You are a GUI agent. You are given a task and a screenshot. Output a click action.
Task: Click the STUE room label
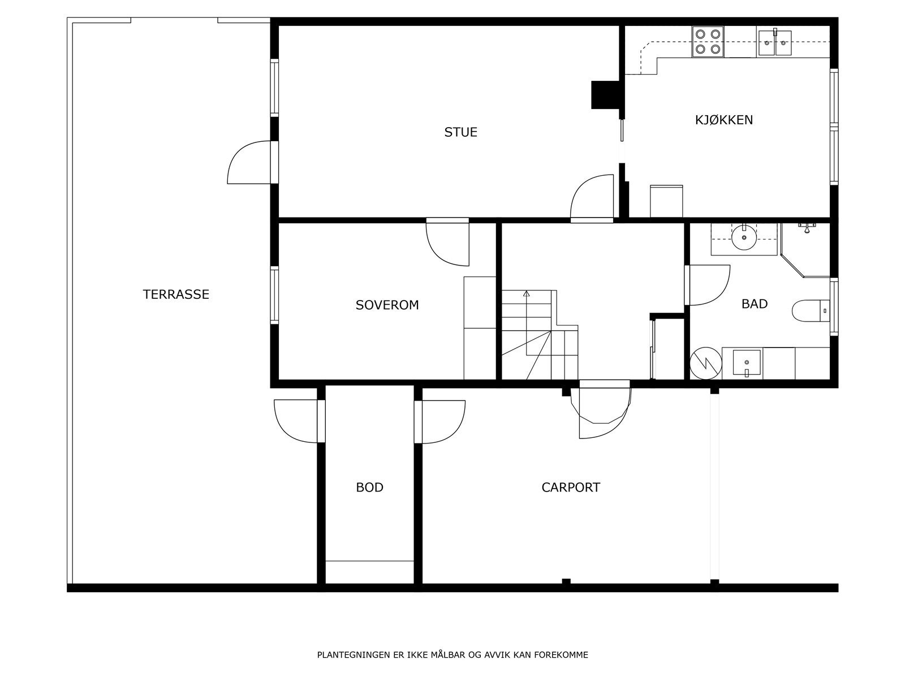point(460,132)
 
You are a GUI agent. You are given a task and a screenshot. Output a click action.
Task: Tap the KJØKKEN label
point(724,120)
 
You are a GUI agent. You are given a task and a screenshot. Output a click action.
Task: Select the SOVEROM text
point(387,305)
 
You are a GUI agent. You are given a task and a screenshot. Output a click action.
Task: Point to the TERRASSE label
point(176,294)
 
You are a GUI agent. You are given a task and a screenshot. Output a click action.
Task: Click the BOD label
point(370,488)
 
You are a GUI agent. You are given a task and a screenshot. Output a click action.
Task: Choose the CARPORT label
point(571,488)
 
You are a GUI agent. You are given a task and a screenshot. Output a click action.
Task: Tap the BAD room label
point(755,304)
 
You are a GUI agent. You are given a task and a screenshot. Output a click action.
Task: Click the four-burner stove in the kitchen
point(708,42)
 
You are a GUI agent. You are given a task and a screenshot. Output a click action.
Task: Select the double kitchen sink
point(774,43)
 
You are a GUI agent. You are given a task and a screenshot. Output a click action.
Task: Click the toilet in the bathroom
point(811,311)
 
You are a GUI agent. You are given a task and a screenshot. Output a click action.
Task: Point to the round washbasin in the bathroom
point(744,238)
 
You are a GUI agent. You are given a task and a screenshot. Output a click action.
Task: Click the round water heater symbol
point(706,364)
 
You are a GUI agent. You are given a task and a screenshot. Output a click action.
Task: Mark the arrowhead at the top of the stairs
point(527,293)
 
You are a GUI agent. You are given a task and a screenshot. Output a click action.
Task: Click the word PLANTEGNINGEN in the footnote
point(354,655)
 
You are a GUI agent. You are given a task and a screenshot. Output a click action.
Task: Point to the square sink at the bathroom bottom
point(747,363)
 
